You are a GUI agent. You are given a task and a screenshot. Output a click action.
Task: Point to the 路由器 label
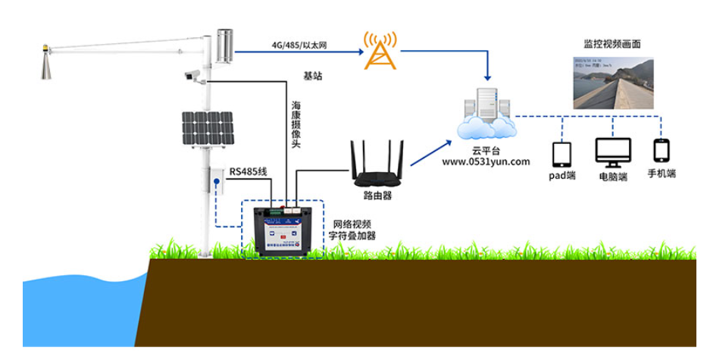(376, 195)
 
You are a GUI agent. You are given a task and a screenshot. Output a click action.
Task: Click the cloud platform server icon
(486, 112)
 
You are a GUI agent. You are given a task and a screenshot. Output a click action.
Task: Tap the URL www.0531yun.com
(486, 161)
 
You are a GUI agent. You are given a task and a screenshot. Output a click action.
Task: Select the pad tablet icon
(562, 155)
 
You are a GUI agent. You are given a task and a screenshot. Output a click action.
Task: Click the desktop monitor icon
(612, 152)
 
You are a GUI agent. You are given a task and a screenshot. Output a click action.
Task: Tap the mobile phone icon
(661, 150)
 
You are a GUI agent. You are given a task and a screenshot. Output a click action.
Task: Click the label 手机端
(661, 174)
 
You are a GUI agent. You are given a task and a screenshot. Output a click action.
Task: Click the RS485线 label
(247, 172)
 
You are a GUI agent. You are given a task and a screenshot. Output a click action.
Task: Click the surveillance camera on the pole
(192, 75)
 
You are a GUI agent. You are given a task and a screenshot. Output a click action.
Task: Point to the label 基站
(313, 76)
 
